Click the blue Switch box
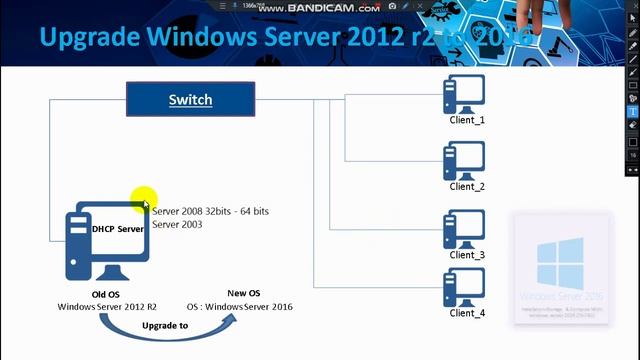tap(190, 99)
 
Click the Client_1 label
tap(467, 120)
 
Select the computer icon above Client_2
tap(464, 160)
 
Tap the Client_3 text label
tap(467, 255)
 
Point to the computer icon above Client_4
tap(464, 287)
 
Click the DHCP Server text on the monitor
tap(117, 229)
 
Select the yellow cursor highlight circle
tap(143, 199)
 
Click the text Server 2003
tap(177, 225)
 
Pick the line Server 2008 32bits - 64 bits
tap(210, 212)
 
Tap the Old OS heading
tap(106, 294)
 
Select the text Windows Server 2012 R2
tap(105, 306)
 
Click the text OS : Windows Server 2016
tap(240, 306)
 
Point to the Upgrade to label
tap(165, 327)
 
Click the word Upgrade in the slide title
tap(90, 38)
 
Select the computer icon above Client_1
tap(464, 96)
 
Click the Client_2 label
tap(467, 186)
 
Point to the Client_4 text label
tap(467, 313)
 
